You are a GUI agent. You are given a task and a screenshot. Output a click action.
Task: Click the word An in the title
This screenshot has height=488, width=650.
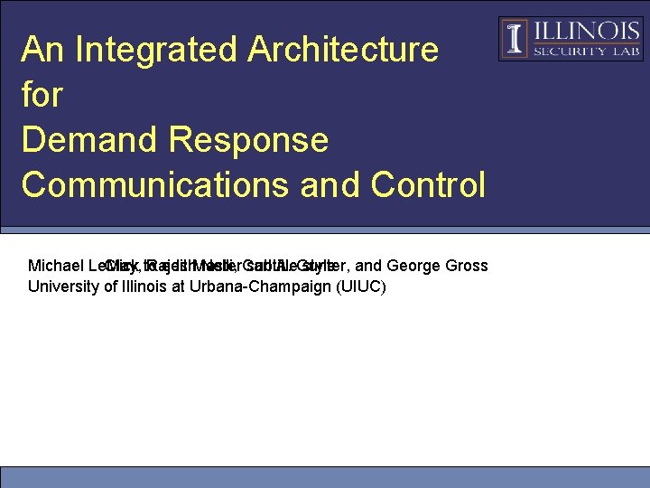coord(43,50)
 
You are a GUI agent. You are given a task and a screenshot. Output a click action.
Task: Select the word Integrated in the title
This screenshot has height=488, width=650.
coord(153,50)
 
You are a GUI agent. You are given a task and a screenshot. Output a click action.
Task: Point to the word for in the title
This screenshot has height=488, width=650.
coord(42,95)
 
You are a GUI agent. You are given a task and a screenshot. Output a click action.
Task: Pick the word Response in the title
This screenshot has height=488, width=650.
coord(255,140)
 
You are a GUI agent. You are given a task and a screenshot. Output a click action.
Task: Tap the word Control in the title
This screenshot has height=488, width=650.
coord(428,184)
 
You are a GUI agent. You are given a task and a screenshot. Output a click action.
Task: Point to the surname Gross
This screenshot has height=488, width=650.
coord(466,266)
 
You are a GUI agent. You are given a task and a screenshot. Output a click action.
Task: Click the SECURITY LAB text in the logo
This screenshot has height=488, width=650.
coord(586,52)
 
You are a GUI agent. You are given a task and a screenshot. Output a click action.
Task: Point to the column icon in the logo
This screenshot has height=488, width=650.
coord(515,39)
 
